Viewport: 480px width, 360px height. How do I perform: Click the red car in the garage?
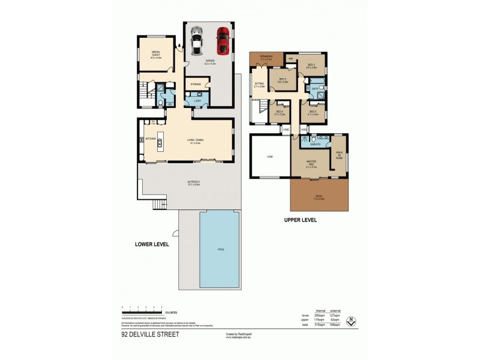coord(223,40)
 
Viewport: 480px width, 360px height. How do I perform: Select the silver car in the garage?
coord(196,41)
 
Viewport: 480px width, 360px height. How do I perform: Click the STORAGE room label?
coord(196,85)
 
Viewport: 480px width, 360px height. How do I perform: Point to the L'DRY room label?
coord(197,101)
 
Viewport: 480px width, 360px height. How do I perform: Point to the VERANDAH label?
coord(266,58)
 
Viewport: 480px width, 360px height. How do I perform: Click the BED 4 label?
coord(279,112)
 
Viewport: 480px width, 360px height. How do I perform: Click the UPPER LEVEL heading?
coord(300,220)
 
